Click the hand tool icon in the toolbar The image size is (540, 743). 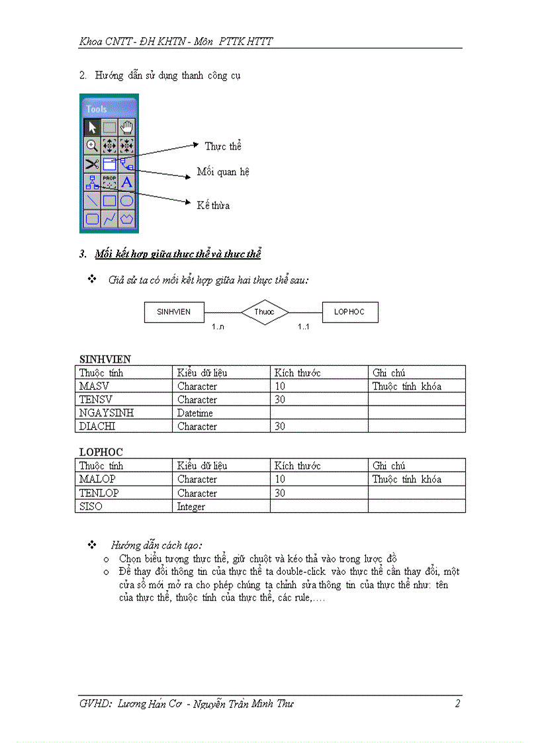tap(127, 128)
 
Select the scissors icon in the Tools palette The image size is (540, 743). tap(92, 163)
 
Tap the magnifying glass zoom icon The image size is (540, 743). tap(92, 146)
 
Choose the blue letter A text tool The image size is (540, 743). tap(127, 182)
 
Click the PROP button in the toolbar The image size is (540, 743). tap(110, 182)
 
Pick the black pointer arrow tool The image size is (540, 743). tap(92, 128)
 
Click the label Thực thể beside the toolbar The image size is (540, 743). tap(223, 146)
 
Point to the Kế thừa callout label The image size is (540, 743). tap(213, 206)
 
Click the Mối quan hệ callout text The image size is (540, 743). tap(223, 172)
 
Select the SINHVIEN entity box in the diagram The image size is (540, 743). tap(174, 312)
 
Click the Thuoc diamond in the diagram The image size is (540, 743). tap(264, 312)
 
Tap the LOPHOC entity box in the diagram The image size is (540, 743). tap(349, 312)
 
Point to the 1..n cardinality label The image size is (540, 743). tap(218, 327)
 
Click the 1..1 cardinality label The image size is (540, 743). tap(303, 327)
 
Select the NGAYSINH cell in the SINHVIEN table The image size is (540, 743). tap(107, 413)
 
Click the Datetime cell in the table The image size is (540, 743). tap(195, 413)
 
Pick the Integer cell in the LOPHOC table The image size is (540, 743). tap(191, 507)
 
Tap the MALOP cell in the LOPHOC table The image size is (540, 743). tap(97, 479)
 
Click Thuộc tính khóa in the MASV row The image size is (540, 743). tap(406, 386)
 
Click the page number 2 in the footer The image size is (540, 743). tap(457, 704)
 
